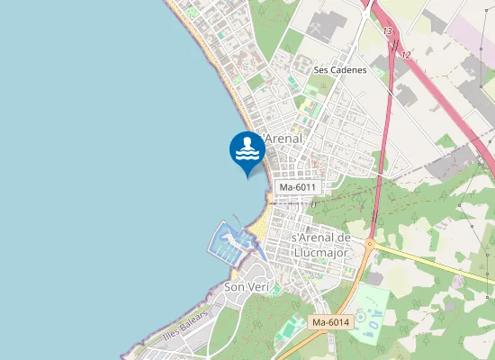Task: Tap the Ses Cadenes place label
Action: (x=340, y=69)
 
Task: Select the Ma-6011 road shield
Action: (x=298, y=187)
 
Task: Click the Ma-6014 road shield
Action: (x=330, y=322)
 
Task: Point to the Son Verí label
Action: (x=246, y=287)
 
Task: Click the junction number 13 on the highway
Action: (x=388, y=32)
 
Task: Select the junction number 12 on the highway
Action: (x=406, y=55)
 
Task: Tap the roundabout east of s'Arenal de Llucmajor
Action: (x=369, y=243)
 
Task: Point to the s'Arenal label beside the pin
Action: (x=282, y=139)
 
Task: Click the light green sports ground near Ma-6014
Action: (x=370, y=314)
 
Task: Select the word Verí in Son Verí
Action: (x=258, y=287)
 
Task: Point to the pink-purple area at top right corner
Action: (x=472, y=36)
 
